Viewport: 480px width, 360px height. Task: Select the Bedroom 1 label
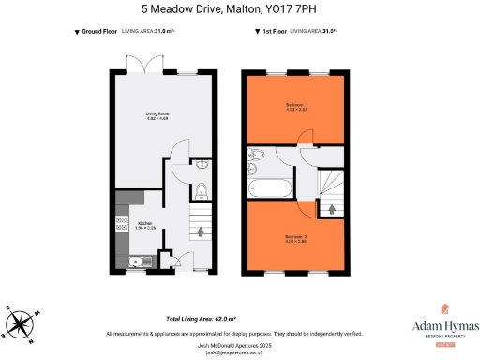coord(295,104)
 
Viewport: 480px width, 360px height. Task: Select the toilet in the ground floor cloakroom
coord(202,193)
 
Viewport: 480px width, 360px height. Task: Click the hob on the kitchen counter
coord(120,223)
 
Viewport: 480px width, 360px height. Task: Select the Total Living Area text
coord(200,319)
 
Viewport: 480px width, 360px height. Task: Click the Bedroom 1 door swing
coord(306,138)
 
